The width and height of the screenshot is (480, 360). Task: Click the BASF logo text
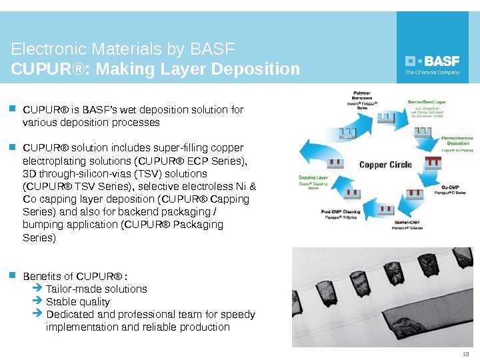441,59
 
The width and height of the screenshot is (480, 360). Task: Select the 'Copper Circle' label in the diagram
386,165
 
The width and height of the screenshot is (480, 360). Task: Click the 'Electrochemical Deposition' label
457,140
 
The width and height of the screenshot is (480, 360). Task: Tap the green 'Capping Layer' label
312,178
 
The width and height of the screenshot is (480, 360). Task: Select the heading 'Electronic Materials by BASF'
123,49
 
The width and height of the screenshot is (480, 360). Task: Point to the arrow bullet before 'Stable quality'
37,302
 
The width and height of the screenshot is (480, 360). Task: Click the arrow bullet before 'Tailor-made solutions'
37,289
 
